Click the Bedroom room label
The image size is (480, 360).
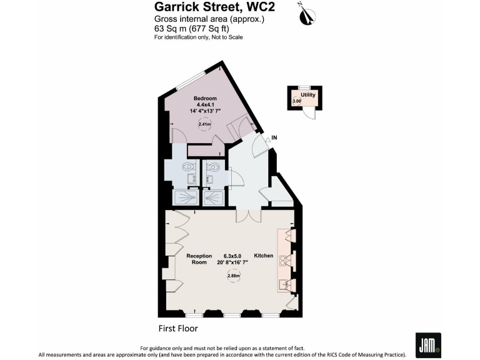(204, 99)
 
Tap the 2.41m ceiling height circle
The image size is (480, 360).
(204, 124)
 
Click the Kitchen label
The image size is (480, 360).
(263, 256)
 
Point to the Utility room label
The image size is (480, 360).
(307, 94)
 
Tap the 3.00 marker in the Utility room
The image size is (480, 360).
(296, 101)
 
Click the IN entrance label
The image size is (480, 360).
(274, 137)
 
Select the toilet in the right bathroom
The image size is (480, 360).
(214, 167)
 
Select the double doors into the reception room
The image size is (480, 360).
(248, 215)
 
